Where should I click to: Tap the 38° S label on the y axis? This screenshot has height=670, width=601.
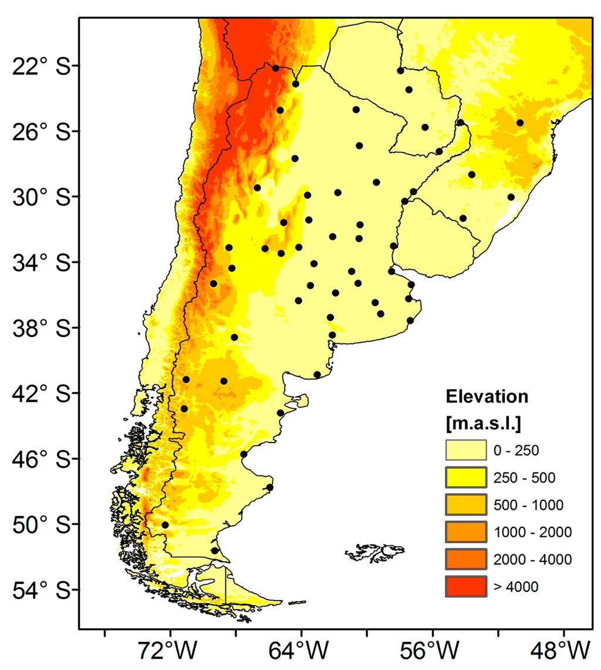click(39, 327)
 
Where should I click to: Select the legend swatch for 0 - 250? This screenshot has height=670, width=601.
click(466, 450)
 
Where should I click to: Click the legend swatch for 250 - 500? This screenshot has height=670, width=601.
click(466, 477)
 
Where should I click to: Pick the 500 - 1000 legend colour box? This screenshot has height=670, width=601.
click(466, 504)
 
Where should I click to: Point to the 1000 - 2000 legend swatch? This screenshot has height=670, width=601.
click(466, 532)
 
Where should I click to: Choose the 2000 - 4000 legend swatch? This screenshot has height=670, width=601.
click(466, 559)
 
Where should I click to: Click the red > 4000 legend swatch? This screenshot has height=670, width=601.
click(466, 586)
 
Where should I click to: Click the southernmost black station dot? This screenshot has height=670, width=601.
click(214, 550)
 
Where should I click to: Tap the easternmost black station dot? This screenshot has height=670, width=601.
click(520, 123)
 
